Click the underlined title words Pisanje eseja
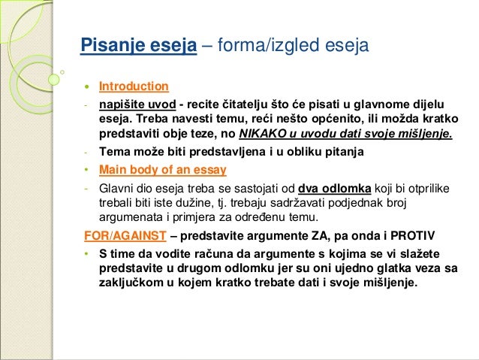[x=139, y=47]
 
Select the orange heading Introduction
[x=134, y=86]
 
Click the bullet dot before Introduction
[x=86, y=86]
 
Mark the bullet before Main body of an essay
[x=87, y=168]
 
